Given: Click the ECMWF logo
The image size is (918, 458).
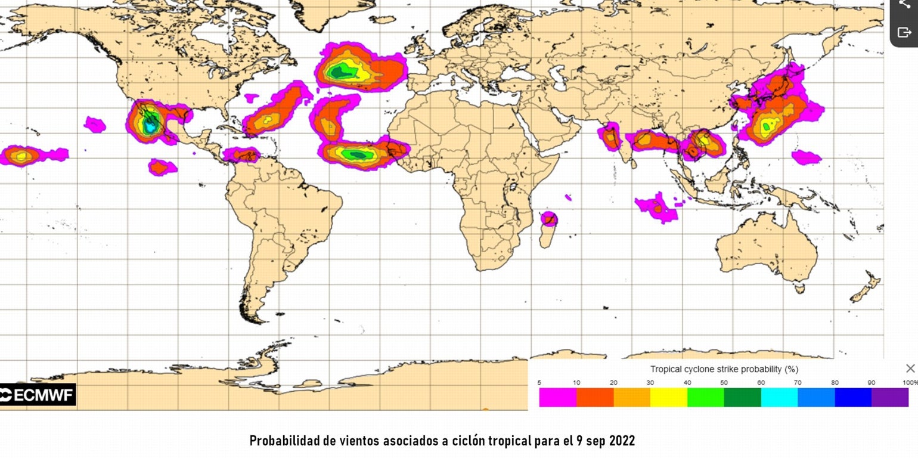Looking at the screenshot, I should point(38,395).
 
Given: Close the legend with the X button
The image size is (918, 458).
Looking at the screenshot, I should point(910,369).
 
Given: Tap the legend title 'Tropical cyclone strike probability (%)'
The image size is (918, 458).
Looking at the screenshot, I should point(724,369).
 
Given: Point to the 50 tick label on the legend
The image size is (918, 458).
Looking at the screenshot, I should point(724,383).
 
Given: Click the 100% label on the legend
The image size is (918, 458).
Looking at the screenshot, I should point(910,383).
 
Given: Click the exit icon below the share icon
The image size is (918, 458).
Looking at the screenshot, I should point(904,32).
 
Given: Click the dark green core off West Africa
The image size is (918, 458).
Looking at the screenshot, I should point(357,154).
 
